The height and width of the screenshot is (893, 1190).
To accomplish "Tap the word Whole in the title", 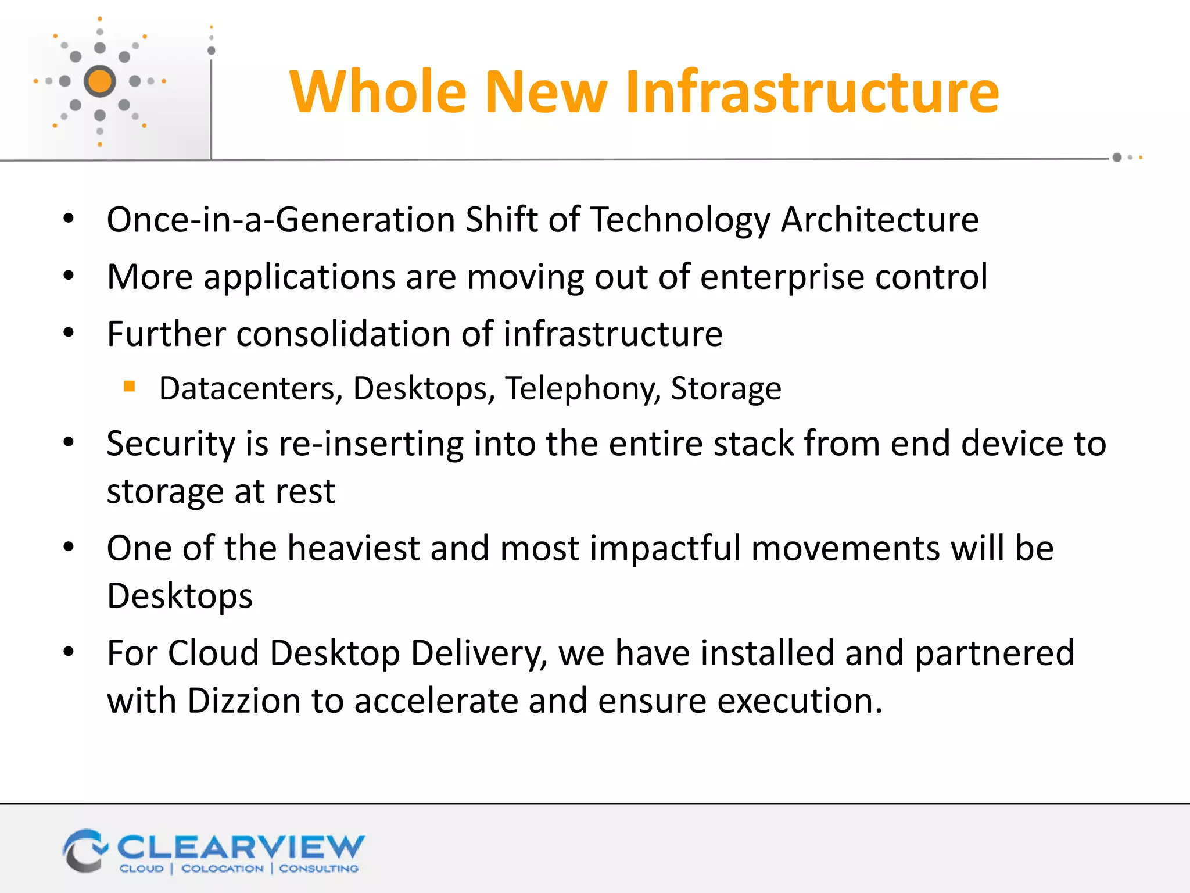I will pos(378,91).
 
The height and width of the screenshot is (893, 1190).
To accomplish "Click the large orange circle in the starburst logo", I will pos(100,81).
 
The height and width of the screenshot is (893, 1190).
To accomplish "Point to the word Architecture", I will pos(880,220).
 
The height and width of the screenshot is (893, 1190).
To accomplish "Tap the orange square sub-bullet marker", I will pos(130,386).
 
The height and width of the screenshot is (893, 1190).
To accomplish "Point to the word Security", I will pos(171,444).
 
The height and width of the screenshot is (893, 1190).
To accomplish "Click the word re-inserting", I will pos(371,444).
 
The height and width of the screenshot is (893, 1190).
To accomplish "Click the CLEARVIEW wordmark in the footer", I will pos(241,847).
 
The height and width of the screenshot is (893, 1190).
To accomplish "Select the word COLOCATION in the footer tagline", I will pos(223,869).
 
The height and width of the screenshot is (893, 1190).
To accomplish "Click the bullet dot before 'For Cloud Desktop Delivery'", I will pos(69,652).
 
